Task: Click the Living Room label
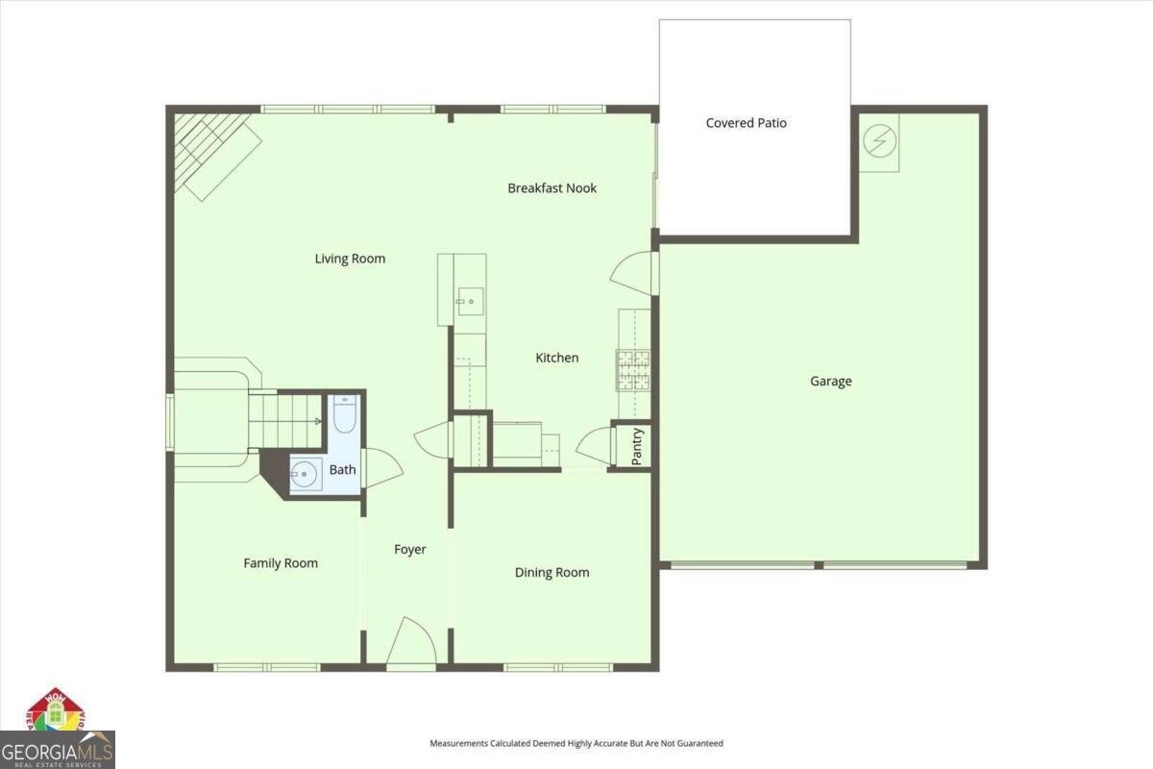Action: (350, 259)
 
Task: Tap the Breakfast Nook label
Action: (552, 188)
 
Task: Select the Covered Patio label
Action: (746, 123)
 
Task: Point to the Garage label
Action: (830, 382)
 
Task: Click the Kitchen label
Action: (556, 358)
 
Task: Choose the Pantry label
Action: (636, 446)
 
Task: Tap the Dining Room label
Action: (552, 573)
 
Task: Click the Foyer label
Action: (409, 550)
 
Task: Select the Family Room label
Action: (280, 563)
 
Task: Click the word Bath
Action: (342, 470)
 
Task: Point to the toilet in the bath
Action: (344, 415)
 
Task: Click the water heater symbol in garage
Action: (878, 142)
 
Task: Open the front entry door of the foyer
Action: (410, 642)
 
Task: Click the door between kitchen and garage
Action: (634, 273)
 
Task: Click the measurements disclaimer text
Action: (576, 743)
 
